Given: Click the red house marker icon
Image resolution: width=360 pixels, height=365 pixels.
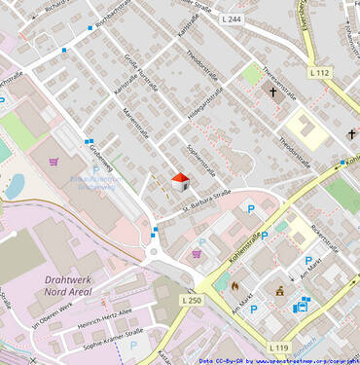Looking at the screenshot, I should click(x=180, y=181).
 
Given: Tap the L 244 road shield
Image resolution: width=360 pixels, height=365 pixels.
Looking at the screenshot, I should click(x=232, y=19).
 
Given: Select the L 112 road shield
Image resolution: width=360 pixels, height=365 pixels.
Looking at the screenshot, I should click(x=319, y=73).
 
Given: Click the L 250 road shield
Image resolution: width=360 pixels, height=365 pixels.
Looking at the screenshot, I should click(x=192, y=301).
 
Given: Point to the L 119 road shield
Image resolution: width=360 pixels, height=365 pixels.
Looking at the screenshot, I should click(x=280, y=347).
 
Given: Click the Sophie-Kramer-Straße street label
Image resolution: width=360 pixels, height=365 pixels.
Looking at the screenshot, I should click(x=113, y=339).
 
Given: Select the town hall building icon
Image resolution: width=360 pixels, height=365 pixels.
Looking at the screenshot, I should click(x=280, y=289).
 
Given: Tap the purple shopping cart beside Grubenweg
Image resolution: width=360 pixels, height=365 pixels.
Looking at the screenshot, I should click(x=54, y=163).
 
